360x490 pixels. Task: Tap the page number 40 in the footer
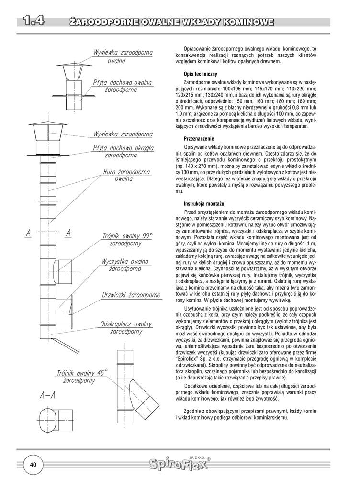[34, 465]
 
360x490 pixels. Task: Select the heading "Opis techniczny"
[200, 74]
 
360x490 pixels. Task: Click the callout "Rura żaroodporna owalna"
[126, 175]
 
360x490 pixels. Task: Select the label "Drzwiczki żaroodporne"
[131, 295]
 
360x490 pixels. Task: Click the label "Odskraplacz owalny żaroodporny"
[126, 327]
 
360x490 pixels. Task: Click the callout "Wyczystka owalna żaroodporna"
[125, 265]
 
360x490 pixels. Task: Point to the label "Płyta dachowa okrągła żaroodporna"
[123, 152]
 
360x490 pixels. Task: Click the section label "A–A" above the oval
[48, 395]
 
